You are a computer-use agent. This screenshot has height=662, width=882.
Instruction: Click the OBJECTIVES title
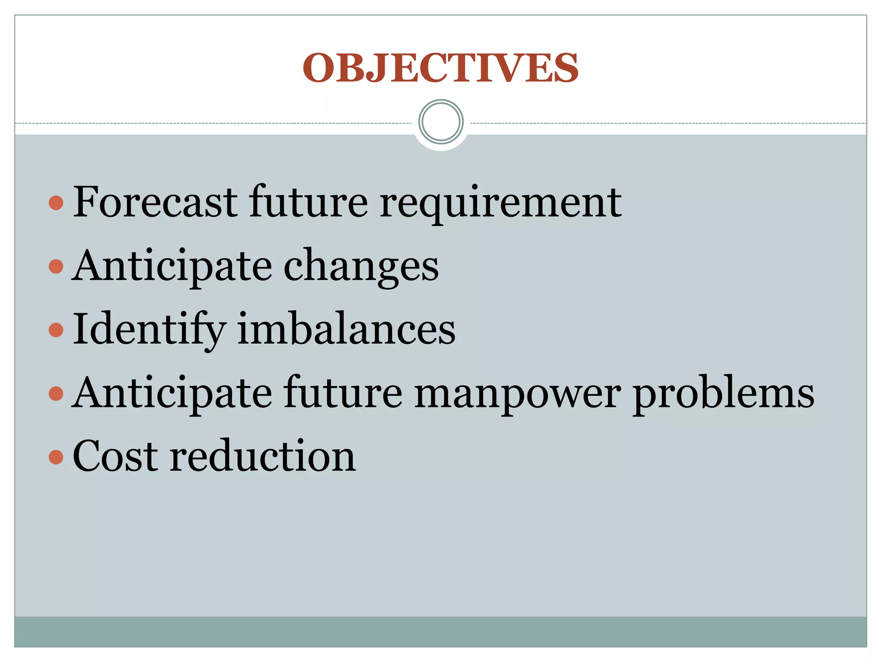[441, 68]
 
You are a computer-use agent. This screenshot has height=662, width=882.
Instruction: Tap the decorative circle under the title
[441, 122]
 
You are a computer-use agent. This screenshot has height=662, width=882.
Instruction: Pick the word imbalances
[346, 330]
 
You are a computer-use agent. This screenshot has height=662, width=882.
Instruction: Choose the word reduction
[263, 456]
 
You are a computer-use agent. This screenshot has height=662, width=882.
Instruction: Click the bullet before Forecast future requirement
[56, 203]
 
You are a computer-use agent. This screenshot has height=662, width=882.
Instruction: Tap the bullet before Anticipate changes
[56, 266]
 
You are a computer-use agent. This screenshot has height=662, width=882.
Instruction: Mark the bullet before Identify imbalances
[56, 330]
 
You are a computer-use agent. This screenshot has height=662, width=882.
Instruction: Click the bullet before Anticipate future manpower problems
[56, 393]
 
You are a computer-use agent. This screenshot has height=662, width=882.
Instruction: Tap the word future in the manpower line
[343, 393]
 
